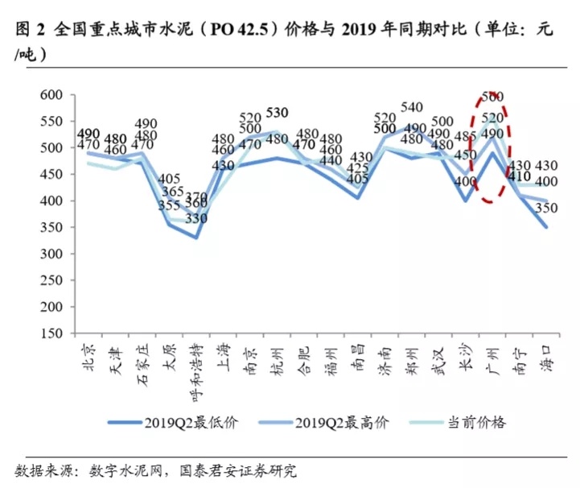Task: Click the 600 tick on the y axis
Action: (x=51, y=95)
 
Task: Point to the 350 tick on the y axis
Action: (x=51, y=227)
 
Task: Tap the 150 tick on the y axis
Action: (x=51, y=333)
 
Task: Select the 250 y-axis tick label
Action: (x=51, y=280)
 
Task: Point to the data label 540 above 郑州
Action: (x=412, y=107)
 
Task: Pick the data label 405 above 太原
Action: (x=170, y=179)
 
